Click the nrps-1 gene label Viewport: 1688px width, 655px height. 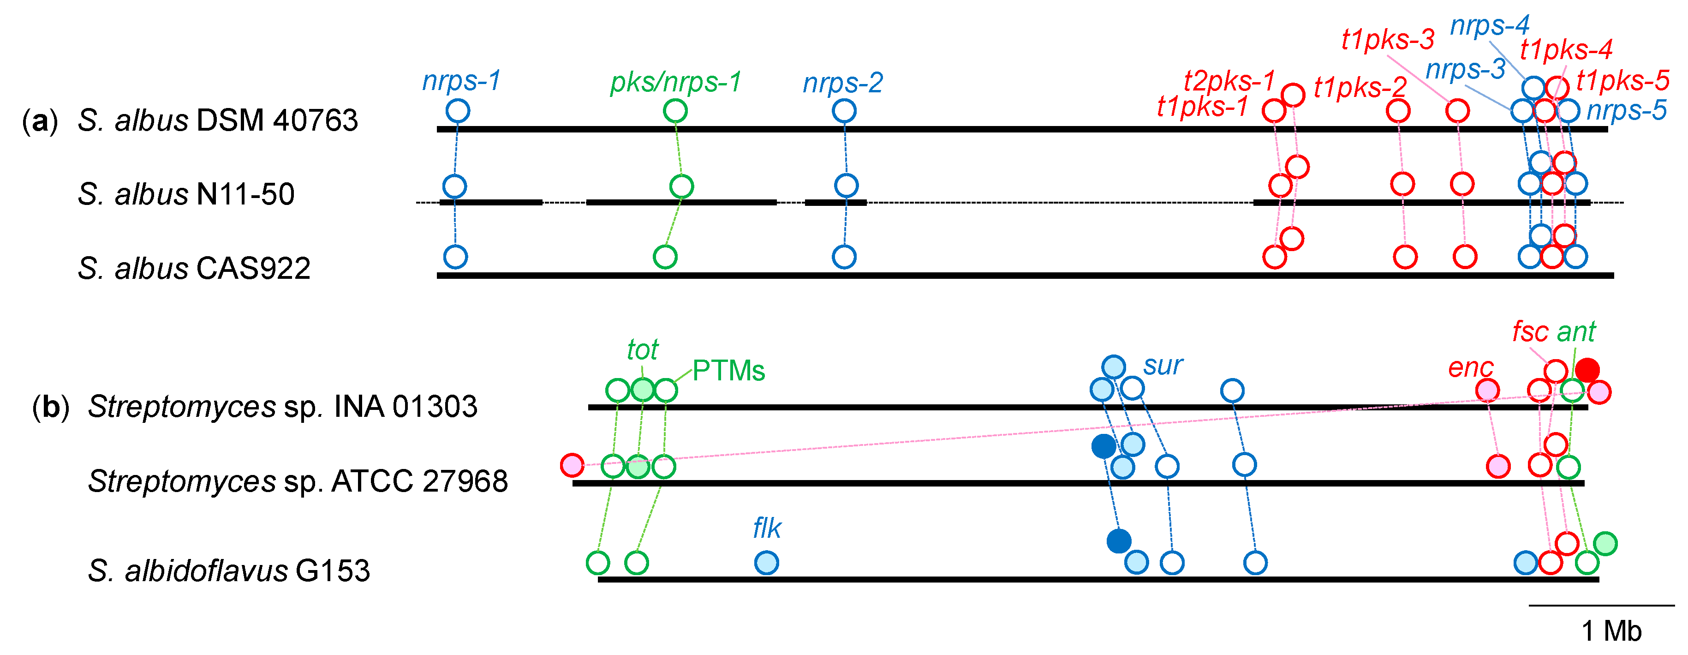pyautogui.click(x=461, y=81)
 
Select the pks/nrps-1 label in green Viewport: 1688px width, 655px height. pyautogui.click(x=675, y=82)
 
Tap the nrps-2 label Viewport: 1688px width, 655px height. pyautogui.click(x=843, y=83)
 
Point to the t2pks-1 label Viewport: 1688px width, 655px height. pyautogui.click(x=1229, y=81)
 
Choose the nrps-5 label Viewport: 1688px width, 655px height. pyautogui.click(x=1626, y=110)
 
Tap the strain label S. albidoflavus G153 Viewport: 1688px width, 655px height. pyautogui.click(x=229, y=571)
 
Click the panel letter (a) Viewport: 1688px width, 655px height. pyautogui.click(x=39, y=120)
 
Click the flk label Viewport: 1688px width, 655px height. pyautogui.click(x=767, y=528)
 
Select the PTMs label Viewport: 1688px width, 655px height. pyautogui.click(x=728, y=371)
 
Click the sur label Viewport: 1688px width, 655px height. pyautogui.click(x=1163, y=365)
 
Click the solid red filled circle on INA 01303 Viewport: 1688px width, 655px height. pyautogui.click(x=1587, y=370)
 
